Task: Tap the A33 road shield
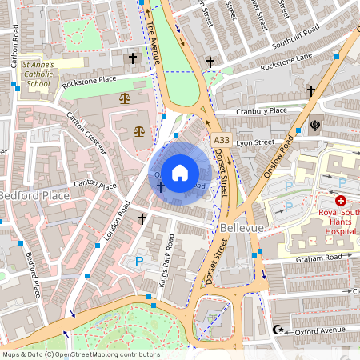click(x=222, y=140)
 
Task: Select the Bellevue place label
click(x=239, y=230)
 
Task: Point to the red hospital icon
click(x=341, y=202)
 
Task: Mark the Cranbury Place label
click(x=261, y=111)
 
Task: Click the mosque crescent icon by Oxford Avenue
click(x=278, y=330)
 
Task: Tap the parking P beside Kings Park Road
click(x=139, y=261)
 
